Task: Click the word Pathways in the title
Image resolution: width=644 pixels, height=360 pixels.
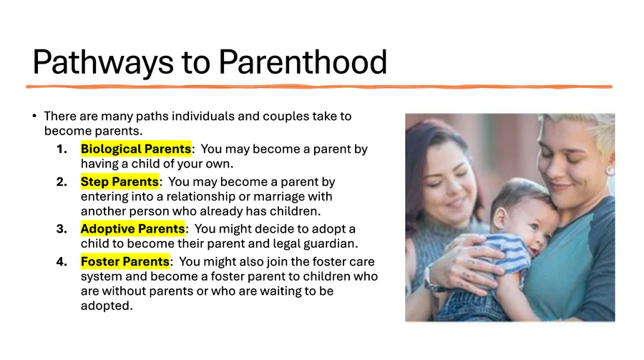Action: (103, 62)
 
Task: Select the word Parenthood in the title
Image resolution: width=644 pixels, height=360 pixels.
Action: (303, 62)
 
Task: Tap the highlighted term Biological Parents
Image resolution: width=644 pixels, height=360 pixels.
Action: (136, 149)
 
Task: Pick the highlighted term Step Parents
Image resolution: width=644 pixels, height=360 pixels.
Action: (119, 182)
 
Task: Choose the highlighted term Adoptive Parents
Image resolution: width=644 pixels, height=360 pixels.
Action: (132, 228)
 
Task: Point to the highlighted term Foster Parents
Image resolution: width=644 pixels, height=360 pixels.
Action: (125, 261)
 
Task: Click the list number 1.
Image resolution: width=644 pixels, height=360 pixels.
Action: (62, 149)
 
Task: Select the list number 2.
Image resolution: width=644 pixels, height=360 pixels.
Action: (62, 182)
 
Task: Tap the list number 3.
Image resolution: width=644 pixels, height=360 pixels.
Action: (62, 228)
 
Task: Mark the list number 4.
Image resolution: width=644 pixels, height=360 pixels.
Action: (62, 261)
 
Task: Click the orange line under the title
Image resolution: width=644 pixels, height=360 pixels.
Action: (319, 87)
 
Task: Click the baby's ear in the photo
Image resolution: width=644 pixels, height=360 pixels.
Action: (500, 218)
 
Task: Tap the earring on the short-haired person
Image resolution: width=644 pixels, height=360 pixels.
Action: (610, 170)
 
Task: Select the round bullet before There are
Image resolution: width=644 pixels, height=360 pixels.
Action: (34, 116)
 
